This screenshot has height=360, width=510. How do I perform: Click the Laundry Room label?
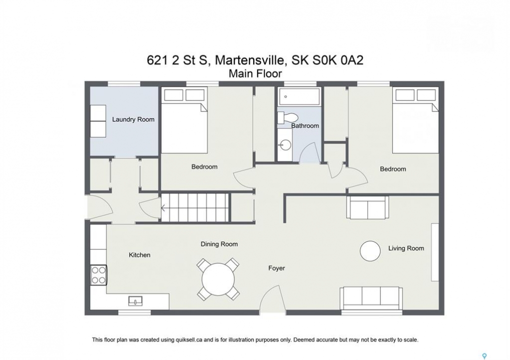point(133,119)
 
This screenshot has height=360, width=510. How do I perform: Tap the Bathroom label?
point(305,125)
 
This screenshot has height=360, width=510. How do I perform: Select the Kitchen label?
point(140,255)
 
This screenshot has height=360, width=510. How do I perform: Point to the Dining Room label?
point(219,244)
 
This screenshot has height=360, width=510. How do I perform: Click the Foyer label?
point(276,268)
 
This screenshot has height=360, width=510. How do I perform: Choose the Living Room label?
point(406,248)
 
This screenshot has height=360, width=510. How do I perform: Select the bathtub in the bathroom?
point(299,96)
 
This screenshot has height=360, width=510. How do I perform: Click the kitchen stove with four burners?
point(99,274)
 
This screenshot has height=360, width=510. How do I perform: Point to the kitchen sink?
point(135,301)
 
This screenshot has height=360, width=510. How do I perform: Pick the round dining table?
point(218,279)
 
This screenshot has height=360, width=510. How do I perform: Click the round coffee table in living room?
point(370,250)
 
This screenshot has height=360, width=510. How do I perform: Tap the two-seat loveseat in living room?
point(367,207)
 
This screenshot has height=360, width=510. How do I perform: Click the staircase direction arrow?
point(163,208)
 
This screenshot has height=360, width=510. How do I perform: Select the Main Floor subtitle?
point(255,73)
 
